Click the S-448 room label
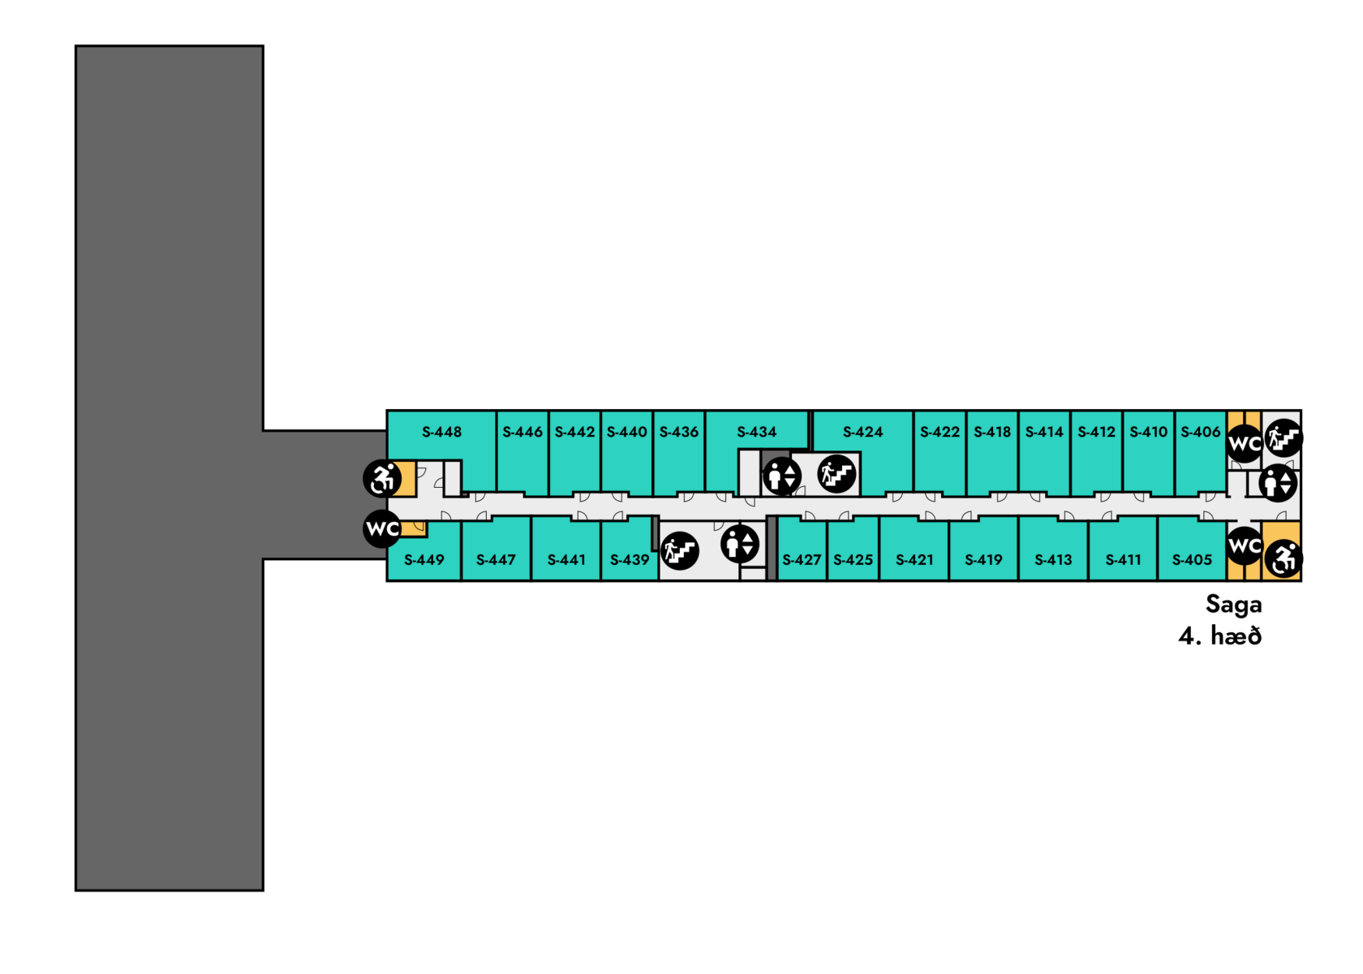pyautogui.click(x=441, y=432)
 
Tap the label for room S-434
pyautogui.click(x=756, y=432)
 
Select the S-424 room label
pyautogui.click(x=862, y=432)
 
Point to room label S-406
pyautogui.click(x=1200, y=432)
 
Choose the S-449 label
pyautogui.click(x=424, y=559)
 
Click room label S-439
pyautogui.click(x=630, y=559)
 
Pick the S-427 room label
pyautogui.click(x=801, y=559)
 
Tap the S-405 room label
pyautogui.click(x=1192, y=559)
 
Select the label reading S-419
pyautogui.click(x=983, y=559)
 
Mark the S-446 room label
pyautogui.click(x=522, y=432)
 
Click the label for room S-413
pyautogui.click(x=1053, y=559)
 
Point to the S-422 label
pyautogui.click(x=939, y=432)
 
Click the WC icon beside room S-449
pyautogui.click(x=382, y=529)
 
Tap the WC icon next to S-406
pyautogui.click(x=1245, y=443)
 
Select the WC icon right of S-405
pyautogui.click(x=1245, y=545)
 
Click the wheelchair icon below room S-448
pyautogui.click(x=382, y=478)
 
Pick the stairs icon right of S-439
pyautogui.click(x=680, y=551)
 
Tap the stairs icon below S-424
pyautogui.click(x=837, y=474)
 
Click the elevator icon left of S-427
pyautogui.click(x=740, y=544)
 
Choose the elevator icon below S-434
pyautogui.click(x=782, y=476)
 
